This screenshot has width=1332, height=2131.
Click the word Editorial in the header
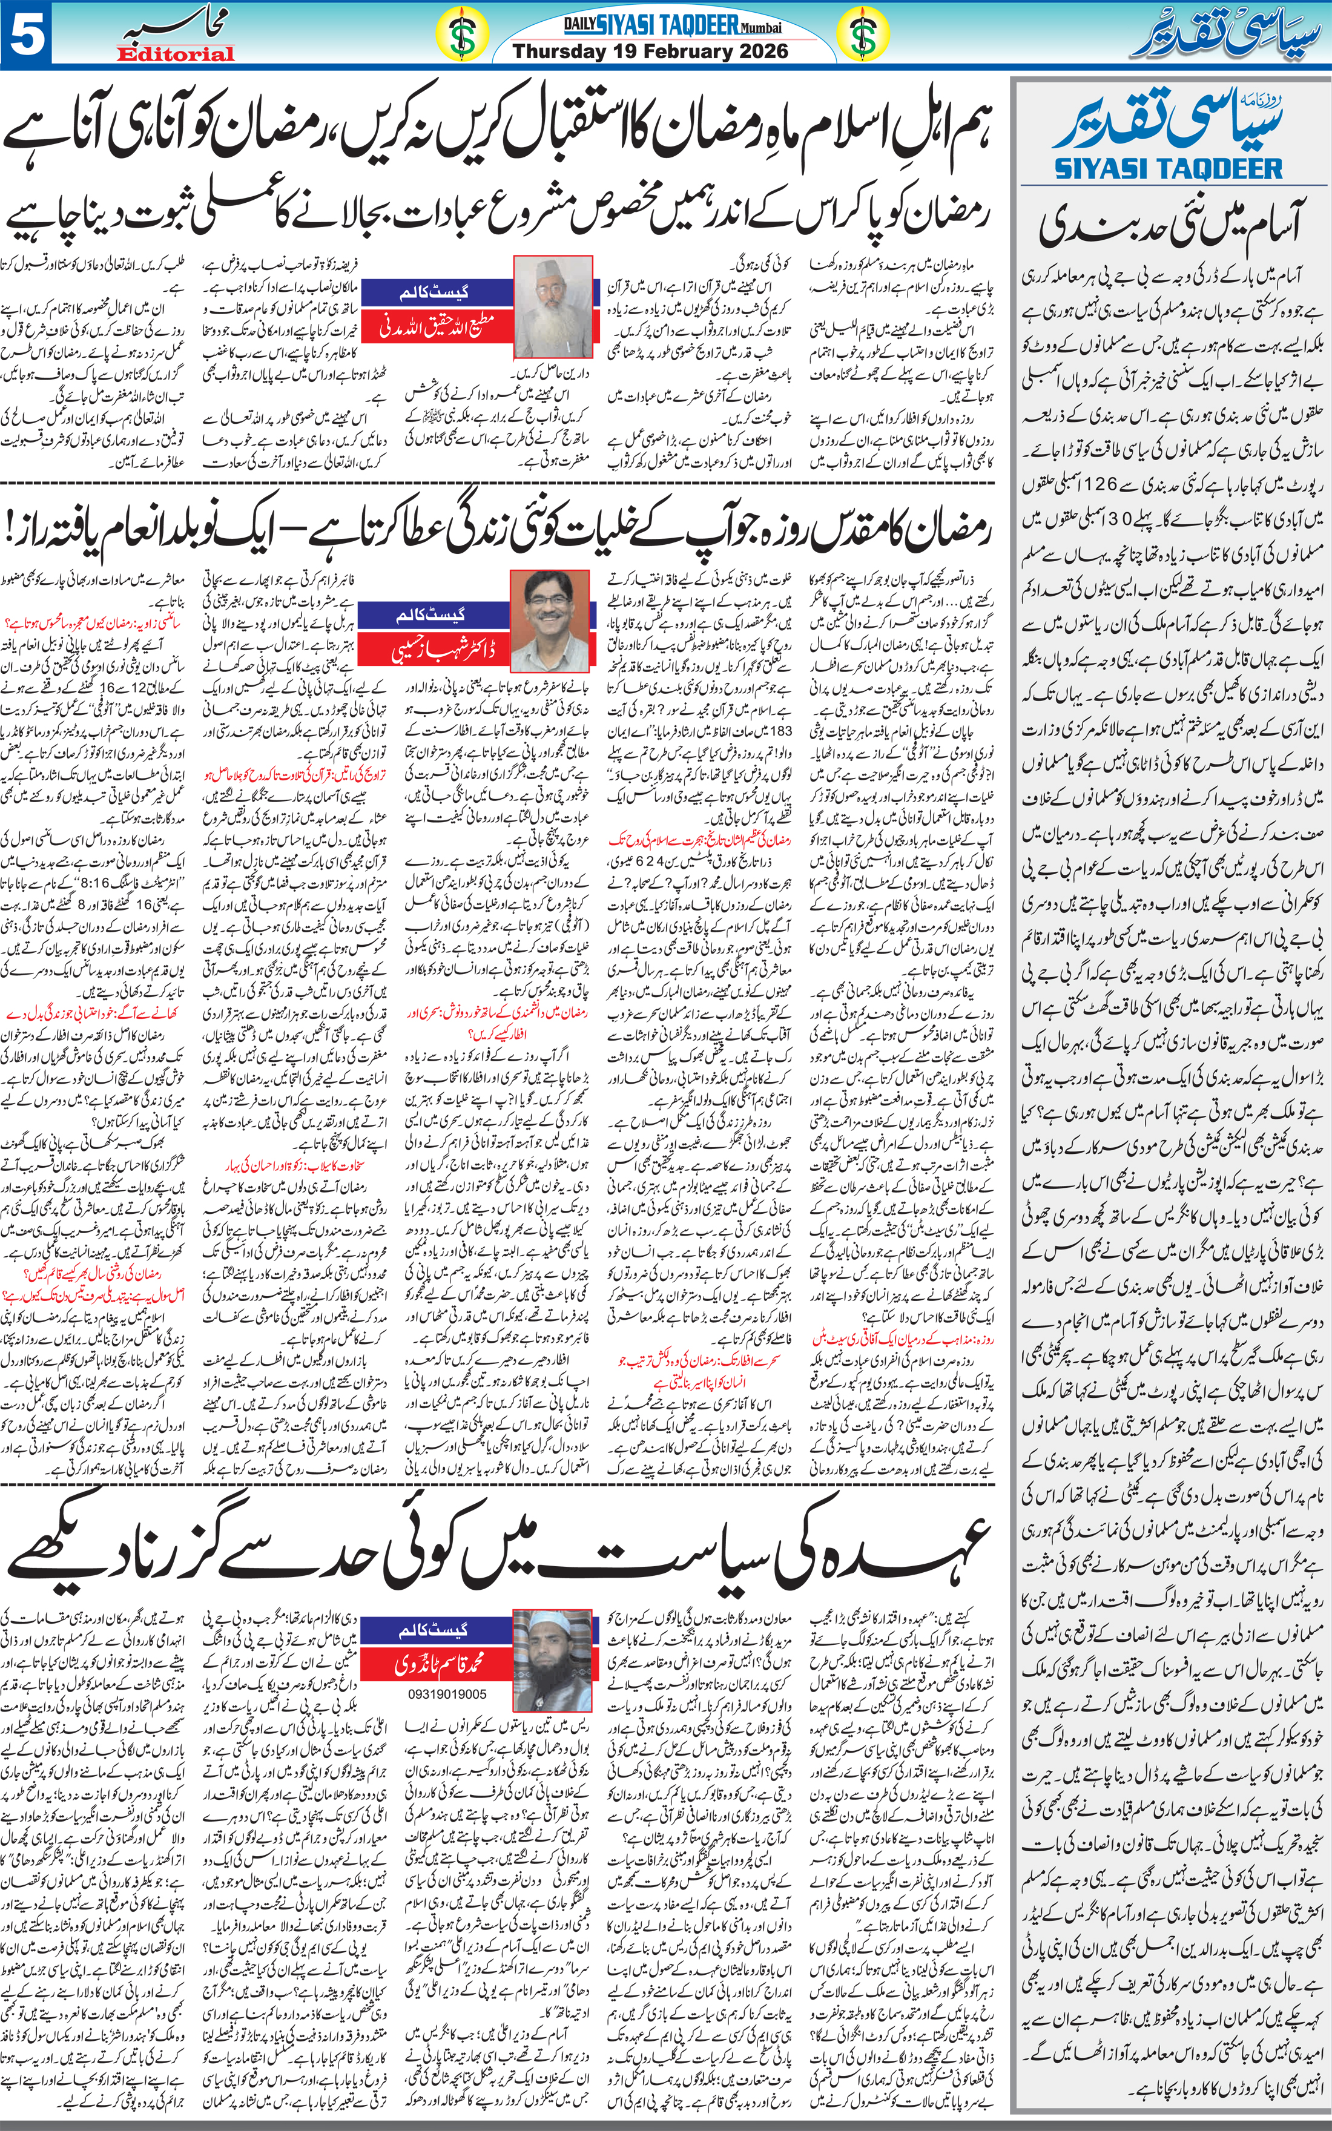(176, 54)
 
